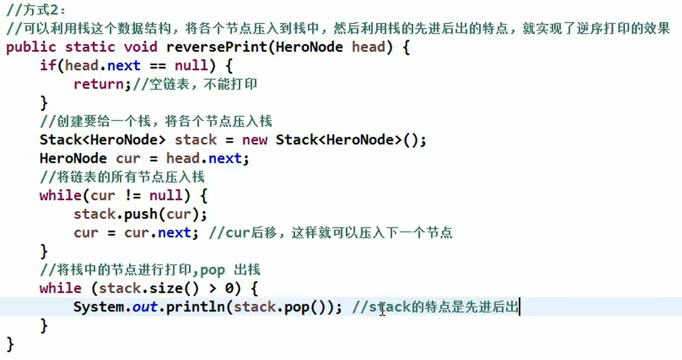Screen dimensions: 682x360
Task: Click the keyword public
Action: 31,47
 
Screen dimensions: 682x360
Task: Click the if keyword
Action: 47,65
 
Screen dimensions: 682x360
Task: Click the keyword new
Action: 255,140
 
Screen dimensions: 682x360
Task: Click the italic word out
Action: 145,307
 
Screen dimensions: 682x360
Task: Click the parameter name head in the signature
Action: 368,47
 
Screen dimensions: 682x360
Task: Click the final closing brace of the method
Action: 10,344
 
